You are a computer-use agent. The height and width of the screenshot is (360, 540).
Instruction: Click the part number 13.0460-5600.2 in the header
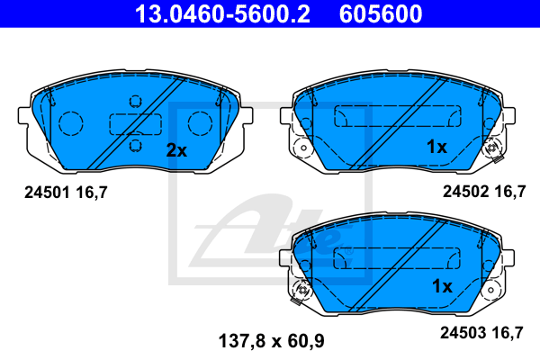pyautogui.click(x=222, y=13)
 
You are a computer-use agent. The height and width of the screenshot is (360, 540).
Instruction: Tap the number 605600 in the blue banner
pyautogui.click(x=381, y=13)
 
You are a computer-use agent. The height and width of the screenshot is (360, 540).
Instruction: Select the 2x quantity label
pyautogui.click(x=176, y=150)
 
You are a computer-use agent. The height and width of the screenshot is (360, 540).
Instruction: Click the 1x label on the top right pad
pyautogui.click(x=436, y=147)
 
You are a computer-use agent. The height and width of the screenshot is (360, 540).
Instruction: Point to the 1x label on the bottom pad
pyautogui.click(x=442, y=286)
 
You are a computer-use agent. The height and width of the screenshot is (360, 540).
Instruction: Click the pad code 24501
pyautogui.click(x=47, y=193)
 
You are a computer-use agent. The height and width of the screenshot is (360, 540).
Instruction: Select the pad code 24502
pyautogui.click(x=465, y=191)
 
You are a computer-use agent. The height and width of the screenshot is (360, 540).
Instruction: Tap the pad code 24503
pyautogui.click(x=463, y=333)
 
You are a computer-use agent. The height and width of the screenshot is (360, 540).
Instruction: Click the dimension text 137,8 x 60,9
pyautogui.click(x=272, y=341)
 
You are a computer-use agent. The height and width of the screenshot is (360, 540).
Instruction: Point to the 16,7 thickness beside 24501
pyautogui.click(x=92, y=193)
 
